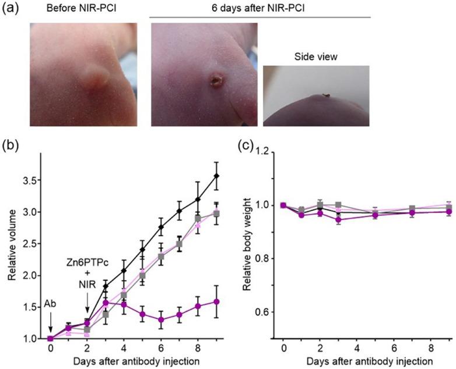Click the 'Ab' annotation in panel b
(51, 305)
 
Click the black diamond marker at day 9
(218, 176)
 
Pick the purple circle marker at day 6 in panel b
(162, 319)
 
